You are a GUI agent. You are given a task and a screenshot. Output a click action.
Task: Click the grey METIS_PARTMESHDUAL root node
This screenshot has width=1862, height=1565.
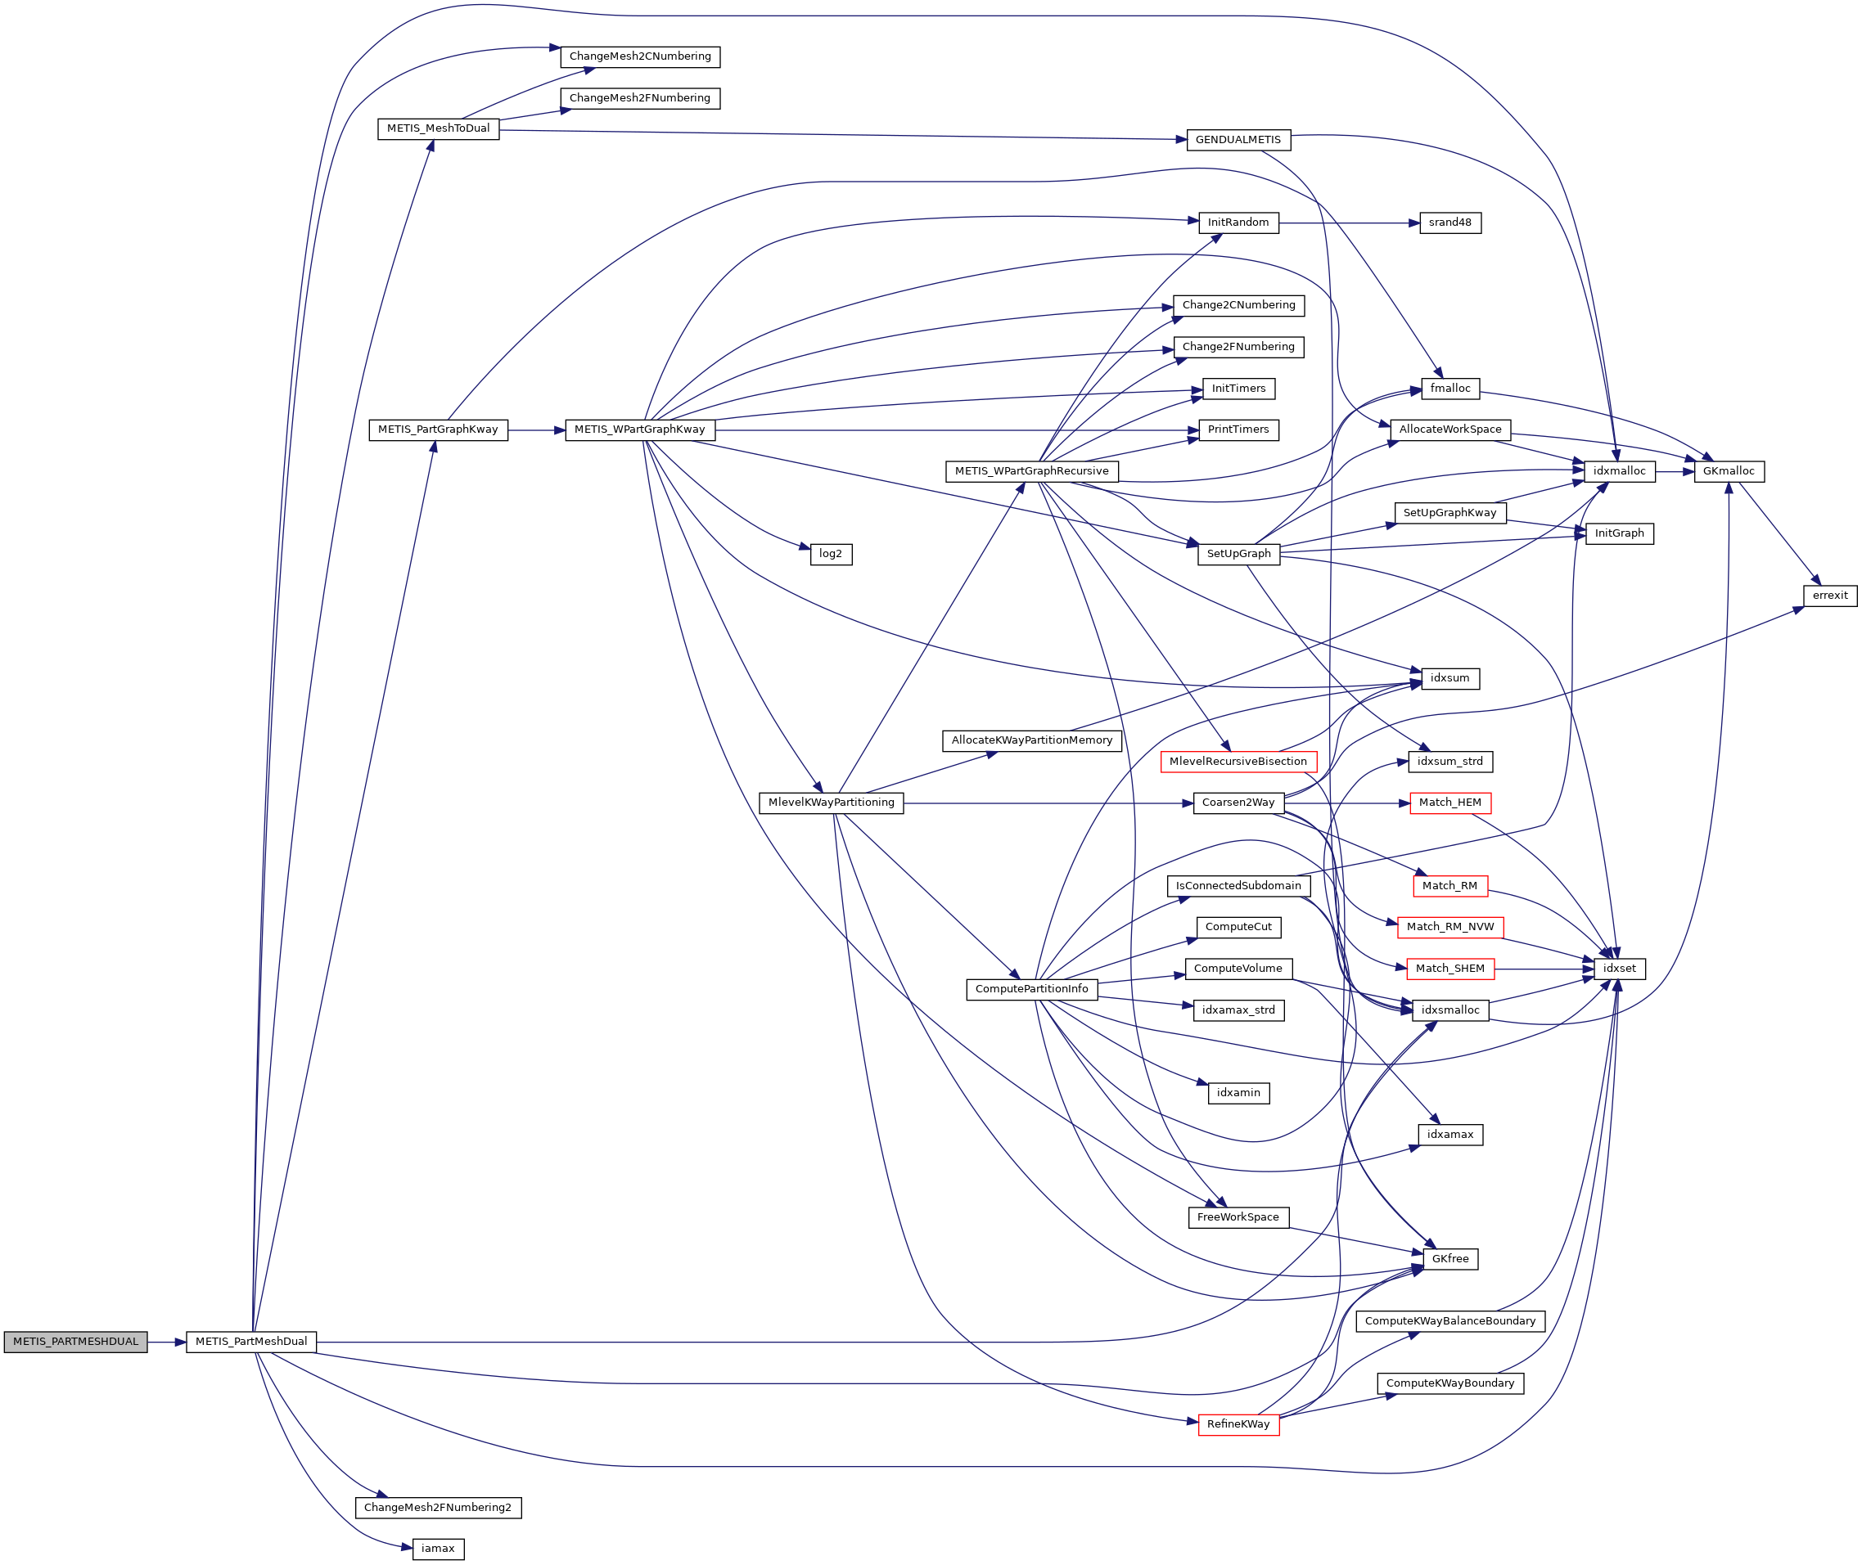pos(75,1342)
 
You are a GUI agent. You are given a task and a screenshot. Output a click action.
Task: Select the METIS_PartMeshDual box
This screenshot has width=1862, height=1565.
pos(251,1342)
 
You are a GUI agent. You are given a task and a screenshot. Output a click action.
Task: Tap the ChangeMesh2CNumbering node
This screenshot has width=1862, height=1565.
pos(640,56)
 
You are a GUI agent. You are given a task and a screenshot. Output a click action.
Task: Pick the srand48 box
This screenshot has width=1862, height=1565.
pos(1450,223)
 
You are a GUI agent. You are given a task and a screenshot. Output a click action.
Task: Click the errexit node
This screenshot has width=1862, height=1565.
pos(1830,596)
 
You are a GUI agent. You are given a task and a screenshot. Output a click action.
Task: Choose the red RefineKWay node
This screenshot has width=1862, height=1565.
pos(1238,1425)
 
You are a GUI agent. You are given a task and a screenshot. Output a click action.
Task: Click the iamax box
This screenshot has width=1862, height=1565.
pos(438,1549)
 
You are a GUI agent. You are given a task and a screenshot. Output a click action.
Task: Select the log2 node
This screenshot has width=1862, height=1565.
pos(831,555)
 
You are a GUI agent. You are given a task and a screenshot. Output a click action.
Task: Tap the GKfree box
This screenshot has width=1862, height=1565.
pos(1450,1259)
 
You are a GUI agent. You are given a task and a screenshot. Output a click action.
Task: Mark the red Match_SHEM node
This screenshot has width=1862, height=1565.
pos(1450,969)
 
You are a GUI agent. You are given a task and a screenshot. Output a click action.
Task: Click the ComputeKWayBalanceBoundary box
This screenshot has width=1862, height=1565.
pos(1450,1321)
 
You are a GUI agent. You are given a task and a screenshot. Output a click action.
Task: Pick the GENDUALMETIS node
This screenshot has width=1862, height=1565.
pos(1238,140)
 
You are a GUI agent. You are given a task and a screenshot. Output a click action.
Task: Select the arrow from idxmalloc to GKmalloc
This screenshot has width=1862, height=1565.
pos(1675,472)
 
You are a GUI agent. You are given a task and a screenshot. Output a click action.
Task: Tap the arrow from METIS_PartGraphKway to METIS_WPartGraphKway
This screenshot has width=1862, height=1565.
pos(536,430)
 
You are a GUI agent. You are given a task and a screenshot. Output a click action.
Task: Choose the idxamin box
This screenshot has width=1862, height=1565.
pos(1238,1093)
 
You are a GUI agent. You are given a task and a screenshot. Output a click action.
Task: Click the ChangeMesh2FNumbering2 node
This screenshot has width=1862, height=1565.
pos(438,1509)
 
